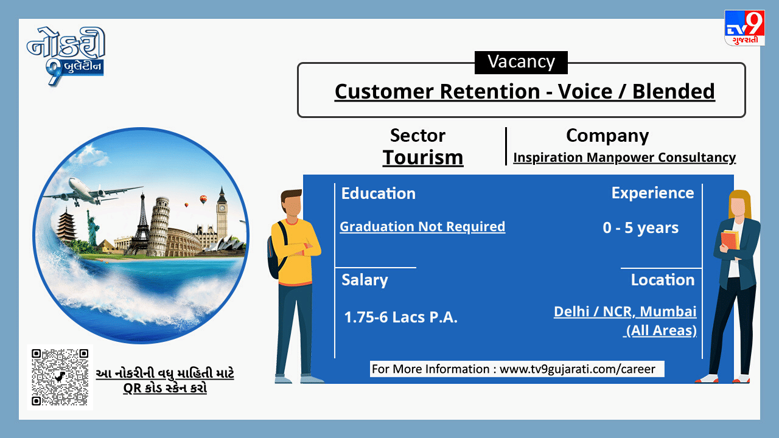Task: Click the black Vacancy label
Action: point(521,62)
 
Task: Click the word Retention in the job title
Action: point(490,91)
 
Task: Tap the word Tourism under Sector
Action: point(423,158)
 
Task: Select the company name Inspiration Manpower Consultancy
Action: point(624,158)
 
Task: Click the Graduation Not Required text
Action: point(422,227)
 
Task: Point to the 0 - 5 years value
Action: point(641,228)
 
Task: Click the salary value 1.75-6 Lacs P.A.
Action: point(400,317)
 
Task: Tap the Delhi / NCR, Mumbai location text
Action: point(625,311)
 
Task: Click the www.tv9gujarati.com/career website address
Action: point(578,369)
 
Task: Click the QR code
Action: point(60,377)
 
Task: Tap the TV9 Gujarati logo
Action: point(744,28)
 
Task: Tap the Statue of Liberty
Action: point(93,228)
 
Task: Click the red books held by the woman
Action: point(730,240)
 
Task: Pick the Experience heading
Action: point(652,193)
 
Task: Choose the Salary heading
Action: point(365,280)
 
